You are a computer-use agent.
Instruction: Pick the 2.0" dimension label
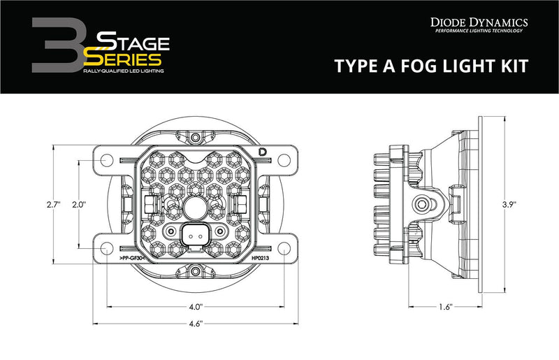(x=78, y=205)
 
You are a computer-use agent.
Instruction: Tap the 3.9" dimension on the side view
(x=518, y=205)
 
